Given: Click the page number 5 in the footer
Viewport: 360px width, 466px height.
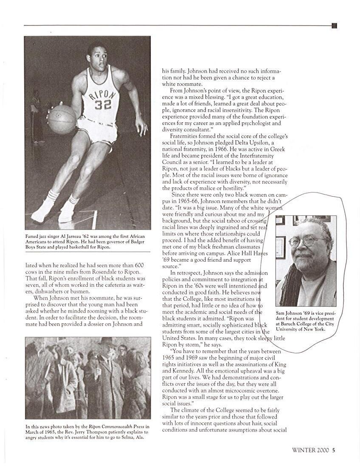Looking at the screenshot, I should click(334, 451).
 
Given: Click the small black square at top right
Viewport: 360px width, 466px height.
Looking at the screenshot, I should click(334, 25).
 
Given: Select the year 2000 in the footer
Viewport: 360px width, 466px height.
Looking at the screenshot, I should click(322, 451).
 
